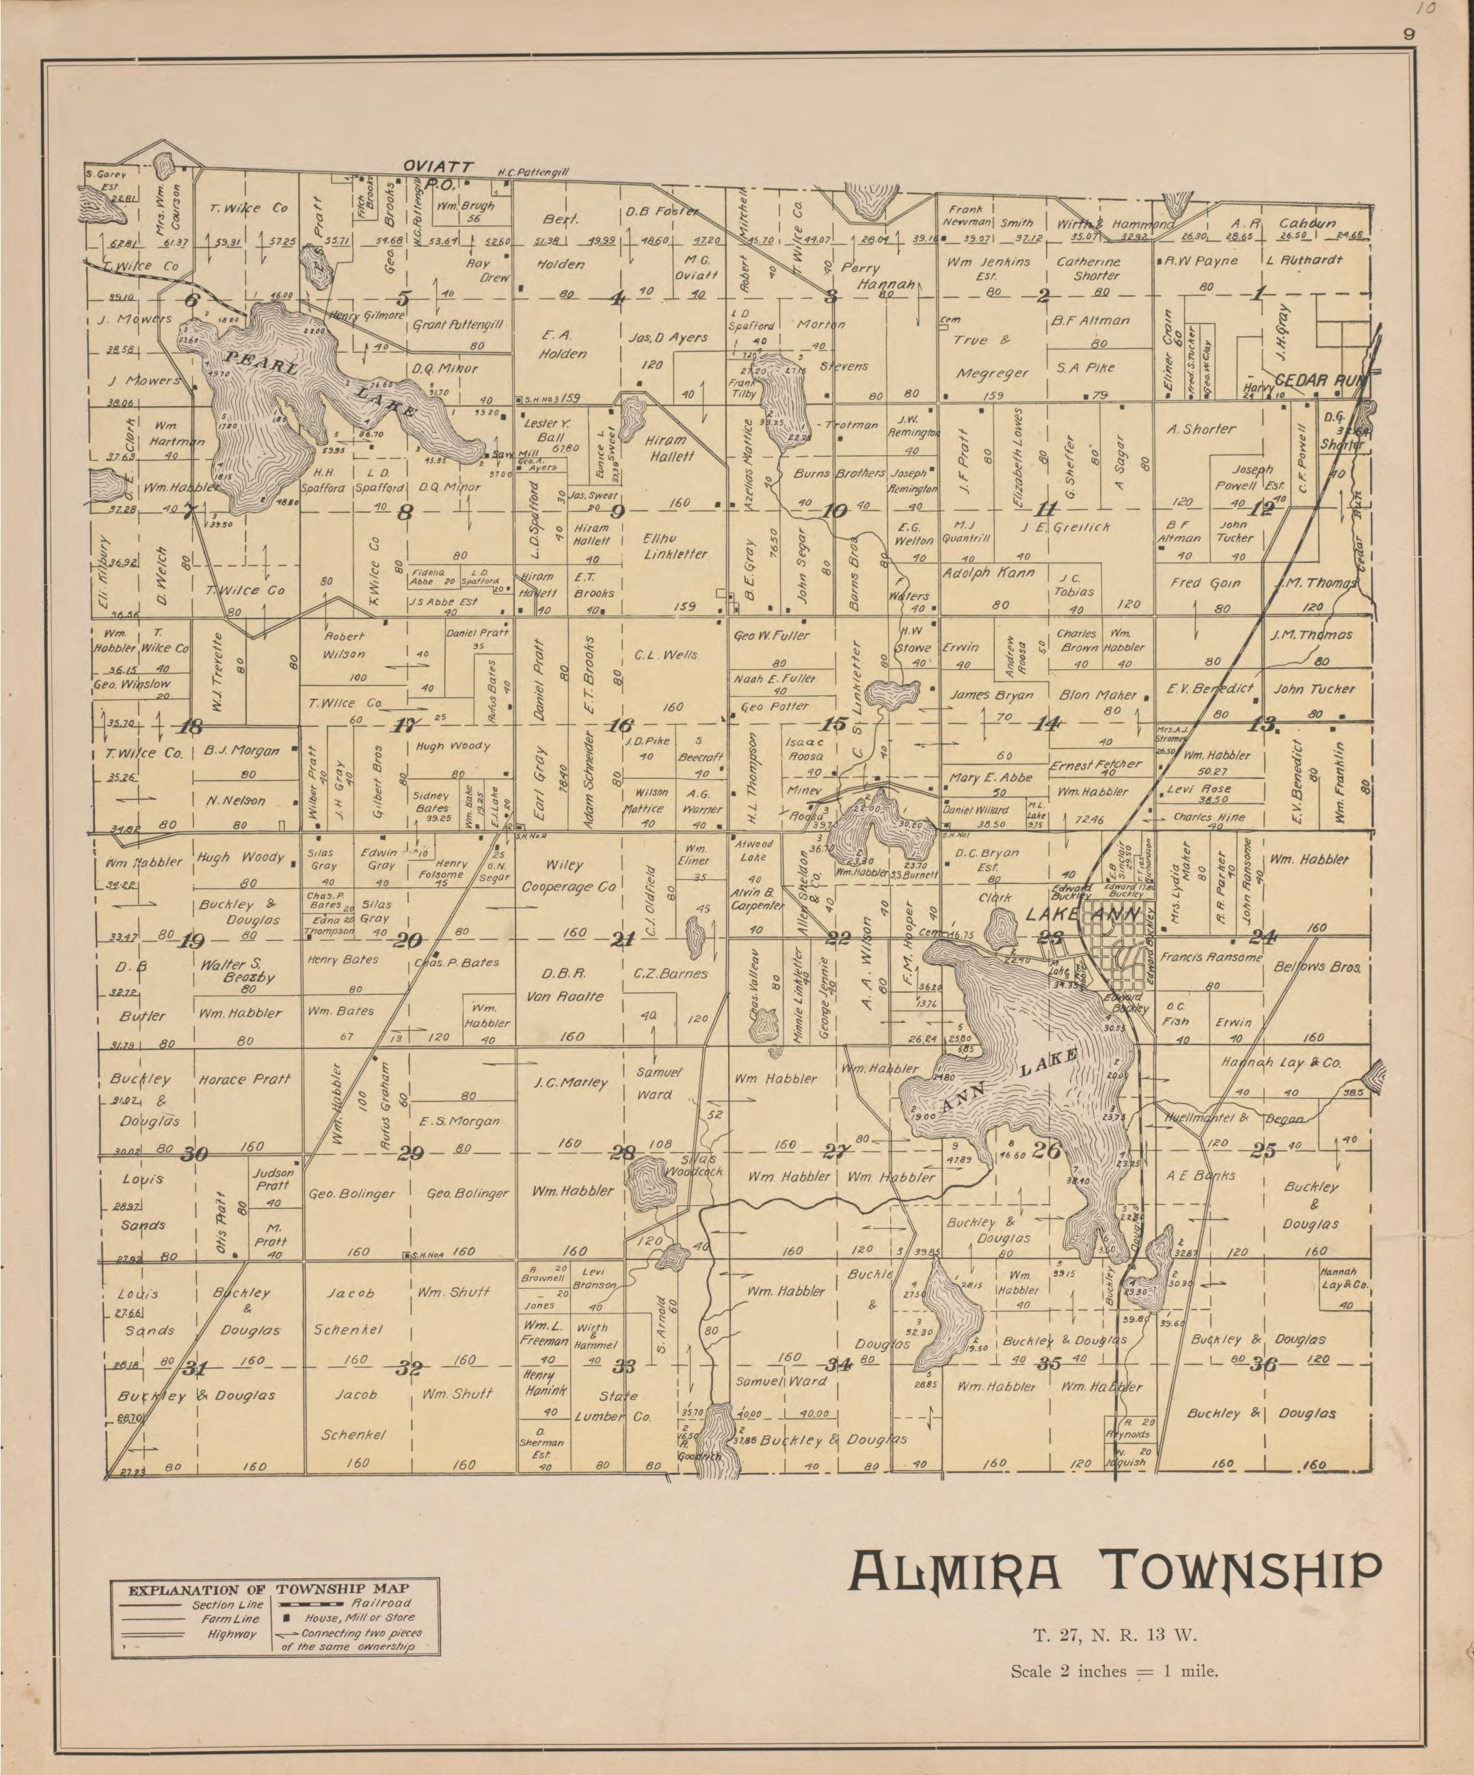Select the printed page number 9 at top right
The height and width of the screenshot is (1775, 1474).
click(x=1408, y=35)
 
